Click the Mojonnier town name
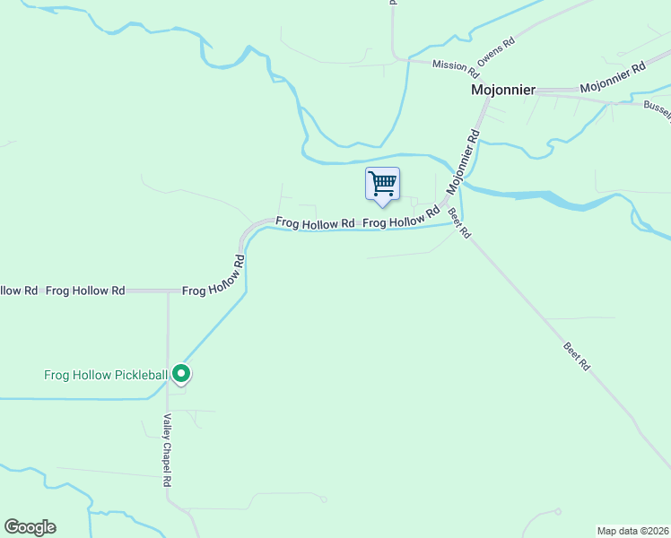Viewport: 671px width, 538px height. coord(503,91)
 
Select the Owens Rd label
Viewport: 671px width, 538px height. coord(496,52)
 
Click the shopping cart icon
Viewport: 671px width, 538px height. coord(383,184)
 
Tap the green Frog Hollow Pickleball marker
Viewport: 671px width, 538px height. coord(181,373)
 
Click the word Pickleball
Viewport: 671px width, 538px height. coord(139,374)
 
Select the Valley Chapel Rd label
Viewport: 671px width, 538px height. coord(167,450)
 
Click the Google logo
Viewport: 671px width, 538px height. coord(30,527)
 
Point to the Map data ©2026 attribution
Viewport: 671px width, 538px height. coord(632,531)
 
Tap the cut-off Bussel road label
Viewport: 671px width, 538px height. coord(657,107)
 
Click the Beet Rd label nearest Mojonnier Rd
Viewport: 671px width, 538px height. coord(459,223)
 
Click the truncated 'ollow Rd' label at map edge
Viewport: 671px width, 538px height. coord(18,291)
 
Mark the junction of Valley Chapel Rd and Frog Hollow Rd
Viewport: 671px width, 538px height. coord(168,291)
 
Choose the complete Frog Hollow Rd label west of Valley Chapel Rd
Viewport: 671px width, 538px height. coord(85,291)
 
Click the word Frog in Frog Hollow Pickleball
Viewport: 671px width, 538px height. coord(58,374)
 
